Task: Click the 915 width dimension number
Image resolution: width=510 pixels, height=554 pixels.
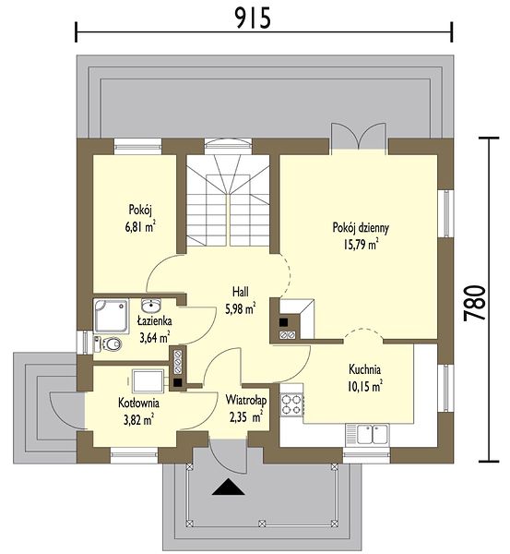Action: (253, 18)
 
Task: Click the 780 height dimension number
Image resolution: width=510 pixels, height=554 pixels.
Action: (474, 303)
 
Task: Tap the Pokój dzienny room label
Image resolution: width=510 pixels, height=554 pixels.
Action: (361, 227)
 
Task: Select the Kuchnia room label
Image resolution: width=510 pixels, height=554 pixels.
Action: (364, 369)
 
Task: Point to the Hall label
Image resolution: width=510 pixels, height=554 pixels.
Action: (241, 292)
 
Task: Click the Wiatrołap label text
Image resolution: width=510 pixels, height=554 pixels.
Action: (246, 401)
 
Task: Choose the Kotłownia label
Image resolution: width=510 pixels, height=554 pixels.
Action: (138, 403)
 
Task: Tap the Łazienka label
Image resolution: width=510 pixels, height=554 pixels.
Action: (155, 320)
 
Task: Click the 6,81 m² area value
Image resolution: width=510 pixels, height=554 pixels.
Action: (140, 227)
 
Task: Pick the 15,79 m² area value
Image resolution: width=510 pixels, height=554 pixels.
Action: (361, 245)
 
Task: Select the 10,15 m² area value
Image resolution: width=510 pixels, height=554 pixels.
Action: (364, 387)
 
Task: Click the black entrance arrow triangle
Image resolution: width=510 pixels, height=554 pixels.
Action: (229, 487)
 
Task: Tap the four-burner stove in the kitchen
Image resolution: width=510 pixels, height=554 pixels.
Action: (291, 404)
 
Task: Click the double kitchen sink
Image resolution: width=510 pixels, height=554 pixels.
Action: (373, 434)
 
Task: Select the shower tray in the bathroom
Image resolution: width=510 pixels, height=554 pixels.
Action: (112, 316)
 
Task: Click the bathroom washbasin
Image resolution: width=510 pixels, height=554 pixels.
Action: (151, 304)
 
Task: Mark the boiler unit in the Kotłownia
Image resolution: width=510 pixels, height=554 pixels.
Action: (148, 380)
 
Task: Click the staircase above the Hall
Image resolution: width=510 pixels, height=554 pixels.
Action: (228, 200)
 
